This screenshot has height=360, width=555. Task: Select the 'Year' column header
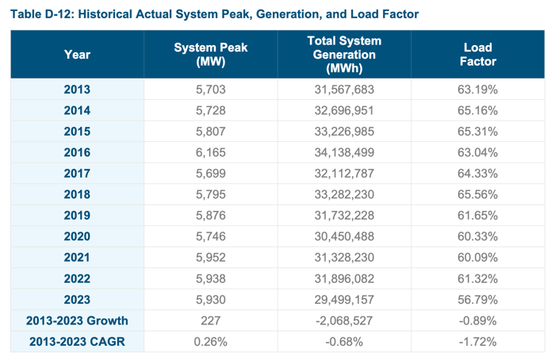coord(77,55)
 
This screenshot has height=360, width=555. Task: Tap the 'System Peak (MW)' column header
coord(210,55)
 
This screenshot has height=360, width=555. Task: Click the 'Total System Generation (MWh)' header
coord(344,55)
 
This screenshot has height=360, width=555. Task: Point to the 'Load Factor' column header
coord(478,55)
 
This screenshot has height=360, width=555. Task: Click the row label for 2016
coord(77,152)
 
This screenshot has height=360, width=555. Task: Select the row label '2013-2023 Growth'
coord(77,320)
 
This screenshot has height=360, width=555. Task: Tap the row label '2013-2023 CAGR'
coord(77,342)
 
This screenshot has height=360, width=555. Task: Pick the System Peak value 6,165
coord(210,152)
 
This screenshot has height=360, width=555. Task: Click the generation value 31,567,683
coord(344,90)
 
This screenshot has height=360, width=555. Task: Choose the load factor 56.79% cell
coord(478,300)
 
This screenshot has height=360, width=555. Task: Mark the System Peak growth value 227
coord(210,320)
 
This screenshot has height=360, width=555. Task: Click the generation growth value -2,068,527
coord(344,320)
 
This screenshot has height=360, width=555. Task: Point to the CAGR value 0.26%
coord(210,342)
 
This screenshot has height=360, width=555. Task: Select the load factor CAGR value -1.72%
coord(478,342)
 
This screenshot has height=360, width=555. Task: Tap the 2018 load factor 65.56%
coord(478,194)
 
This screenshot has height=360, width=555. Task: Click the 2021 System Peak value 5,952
coord(210,258)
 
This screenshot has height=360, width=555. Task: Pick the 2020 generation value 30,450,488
coord(344,236)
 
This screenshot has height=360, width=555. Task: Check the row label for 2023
coord(77,300)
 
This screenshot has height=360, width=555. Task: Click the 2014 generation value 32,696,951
coord(344,110)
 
